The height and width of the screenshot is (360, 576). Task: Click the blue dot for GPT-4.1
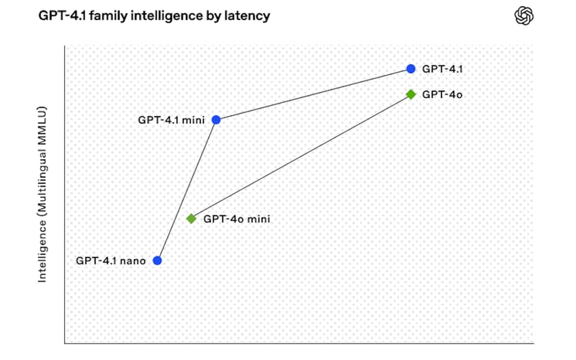[410, 69]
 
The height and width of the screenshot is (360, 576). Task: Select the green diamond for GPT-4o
[410, 94]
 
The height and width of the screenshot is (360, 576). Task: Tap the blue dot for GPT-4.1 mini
[216, 120]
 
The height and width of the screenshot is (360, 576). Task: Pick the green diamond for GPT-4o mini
[191, 218]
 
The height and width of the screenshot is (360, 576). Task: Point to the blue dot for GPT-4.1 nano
[158, 260]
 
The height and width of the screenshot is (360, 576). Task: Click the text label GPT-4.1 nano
[111, 261]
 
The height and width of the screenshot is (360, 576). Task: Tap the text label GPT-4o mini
[237, 218]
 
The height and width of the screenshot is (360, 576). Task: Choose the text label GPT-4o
[437, 94]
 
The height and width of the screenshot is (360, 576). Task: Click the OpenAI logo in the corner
[525, 16]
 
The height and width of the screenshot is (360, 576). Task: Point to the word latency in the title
[249, 16]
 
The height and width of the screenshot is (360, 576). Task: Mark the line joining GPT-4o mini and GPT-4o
[301, 156]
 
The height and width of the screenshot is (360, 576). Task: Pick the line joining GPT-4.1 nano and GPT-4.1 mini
[187, 189]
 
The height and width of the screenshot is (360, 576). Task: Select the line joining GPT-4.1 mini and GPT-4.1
[313, 94]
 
